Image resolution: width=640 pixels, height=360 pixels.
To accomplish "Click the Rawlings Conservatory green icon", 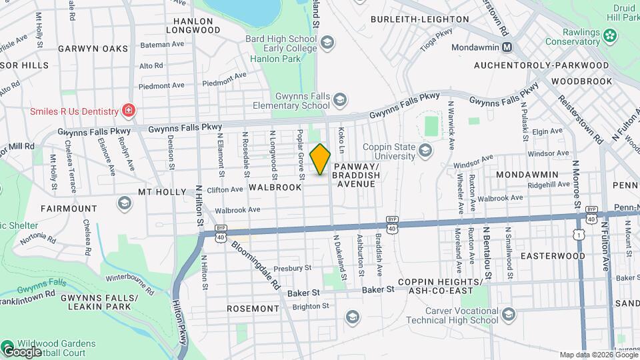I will click(609, 35).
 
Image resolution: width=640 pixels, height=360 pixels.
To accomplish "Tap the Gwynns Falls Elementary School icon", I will click(340, 101).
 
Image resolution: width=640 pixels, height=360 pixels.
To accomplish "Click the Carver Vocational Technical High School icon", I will click(509, 315).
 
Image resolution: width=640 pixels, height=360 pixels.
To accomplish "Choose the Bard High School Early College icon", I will click(327, 44).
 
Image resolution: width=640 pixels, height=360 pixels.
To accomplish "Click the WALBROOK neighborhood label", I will click(275, 187).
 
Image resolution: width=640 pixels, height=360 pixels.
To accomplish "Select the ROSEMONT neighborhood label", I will click(253, 309).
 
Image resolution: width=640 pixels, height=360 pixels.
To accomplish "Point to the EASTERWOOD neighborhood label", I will click(552, 256).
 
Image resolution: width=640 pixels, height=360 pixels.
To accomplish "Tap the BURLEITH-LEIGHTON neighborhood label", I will click(418, 19).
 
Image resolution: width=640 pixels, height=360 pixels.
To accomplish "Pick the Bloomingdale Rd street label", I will click(257, 263).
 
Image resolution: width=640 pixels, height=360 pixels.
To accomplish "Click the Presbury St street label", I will click(293, 268).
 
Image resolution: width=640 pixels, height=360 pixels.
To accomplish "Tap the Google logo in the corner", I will click(22, 351).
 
